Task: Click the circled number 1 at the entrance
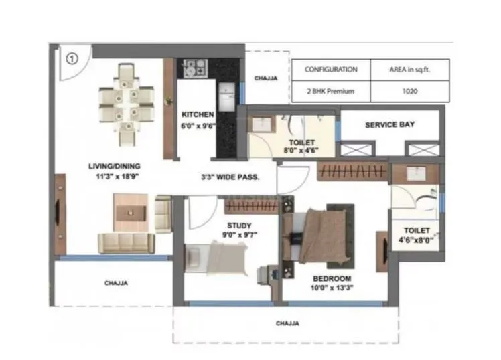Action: click(72, 59)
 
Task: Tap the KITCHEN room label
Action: click(198, 114)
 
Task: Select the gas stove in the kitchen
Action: click(195, 68)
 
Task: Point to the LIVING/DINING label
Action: click(115, 166)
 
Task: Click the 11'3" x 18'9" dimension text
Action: click(117, 177)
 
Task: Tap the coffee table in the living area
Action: click(131, 213)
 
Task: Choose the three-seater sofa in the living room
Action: click(126, 243)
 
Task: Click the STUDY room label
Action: click(239, 226)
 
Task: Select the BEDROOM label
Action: click(332, 278)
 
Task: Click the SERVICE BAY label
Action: click(390, 124)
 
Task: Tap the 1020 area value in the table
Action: click(410, 91)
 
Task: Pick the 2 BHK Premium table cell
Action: click(331, 91)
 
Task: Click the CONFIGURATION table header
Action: click(331, 69)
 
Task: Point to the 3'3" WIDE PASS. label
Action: click(230, 177)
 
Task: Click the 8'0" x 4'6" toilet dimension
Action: click(301, 150)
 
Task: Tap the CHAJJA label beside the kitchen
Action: click(266, 78)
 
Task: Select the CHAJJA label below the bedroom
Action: click(287, 323)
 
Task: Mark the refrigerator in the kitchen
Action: click(227, 97)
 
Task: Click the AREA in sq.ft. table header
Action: click(410, 69)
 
